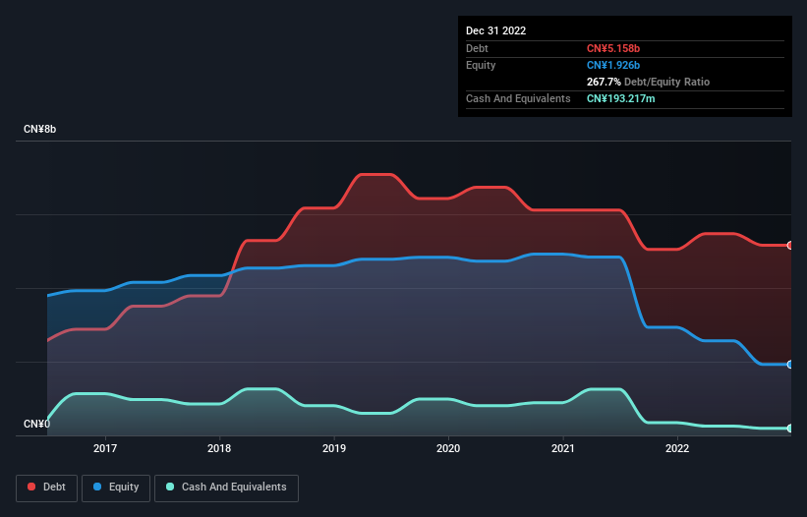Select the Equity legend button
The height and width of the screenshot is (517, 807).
click(x=116, y=488)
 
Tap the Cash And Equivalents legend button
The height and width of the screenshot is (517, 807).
click(x=226, y=488)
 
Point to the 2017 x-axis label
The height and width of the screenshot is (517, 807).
click(x=105, y=448)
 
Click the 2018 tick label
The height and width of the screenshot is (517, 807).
click(x=219, y=448)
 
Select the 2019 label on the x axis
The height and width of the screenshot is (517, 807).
click(x=334, y=448)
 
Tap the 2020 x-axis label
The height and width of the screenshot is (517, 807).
click(x=448, y=448)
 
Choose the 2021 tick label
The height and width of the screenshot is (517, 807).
click(x=563, y=448)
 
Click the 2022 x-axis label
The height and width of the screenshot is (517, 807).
click(x=677, y=448)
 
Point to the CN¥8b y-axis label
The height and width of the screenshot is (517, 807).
click(x=39, y=130)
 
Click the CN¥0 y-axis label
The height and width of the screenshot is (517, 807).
click(x=36, y=425)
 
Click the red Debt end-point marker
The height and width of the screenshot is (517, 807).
click(x=790, y=245)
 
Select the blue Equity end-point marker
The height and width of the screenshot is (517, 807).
click(x=790, y=365)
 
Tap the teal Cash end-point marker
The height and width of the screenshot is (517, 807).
click(x=790, y=429)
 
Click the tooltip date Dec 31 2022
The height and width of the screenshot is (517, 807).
click(x=496, y=30)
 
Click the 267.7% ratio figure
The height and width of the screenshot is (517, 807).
click(x=605, y=82)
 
